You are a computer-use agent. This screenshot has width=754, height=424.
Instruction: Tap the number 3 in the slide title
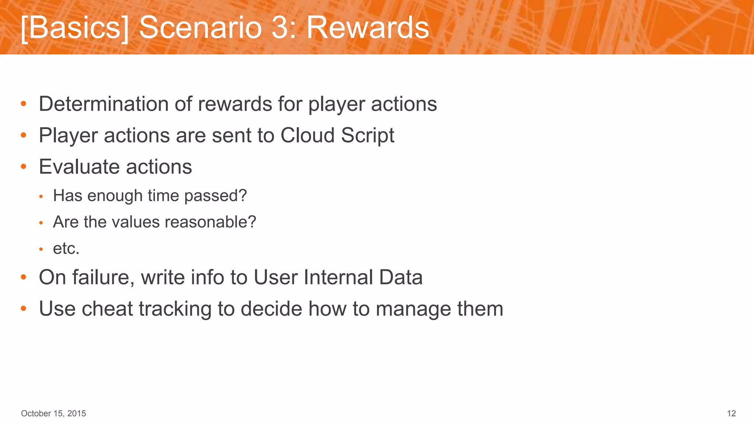(x=282, y=28)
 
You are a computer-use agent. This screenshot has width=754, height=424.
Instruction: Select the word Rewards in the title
(x=368, y=28)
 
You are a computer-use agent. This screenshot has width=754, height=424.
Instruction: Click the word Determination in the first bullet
(x=103, y=104)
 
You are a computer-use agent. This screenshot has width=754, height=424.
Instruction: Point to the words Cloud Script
(x=337, y=135)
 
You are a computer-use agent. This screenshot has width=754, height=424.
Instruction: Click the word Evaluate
(x=80, y=167)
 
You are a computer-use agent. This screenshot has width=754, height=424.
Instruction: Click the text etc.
(x=66, y=248)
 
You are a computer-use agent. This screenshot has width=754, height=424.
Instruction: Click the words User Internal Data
(x=338, y=277)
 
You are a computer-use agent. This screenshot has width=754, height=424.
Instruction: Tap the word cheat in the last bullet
(x=107, y=308)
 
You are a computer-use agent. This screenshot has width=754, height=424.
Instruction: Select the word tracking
(x=175, y=308)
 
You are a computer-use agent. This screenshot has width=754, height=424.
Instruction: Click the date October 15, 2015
(x=53, y=413)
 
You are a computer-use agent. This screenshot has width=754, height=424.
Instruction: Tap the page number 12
(x=731, y=413)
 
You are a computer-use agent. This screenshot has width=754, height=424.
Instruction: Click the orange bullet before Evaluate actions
(x=24, y=167)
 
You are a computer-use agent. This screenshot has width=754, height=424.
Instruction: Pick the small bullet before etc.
(x=41, y=250)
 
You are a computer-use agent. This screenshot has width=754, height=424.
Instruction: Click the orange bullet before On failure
(x=24, y=277)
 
